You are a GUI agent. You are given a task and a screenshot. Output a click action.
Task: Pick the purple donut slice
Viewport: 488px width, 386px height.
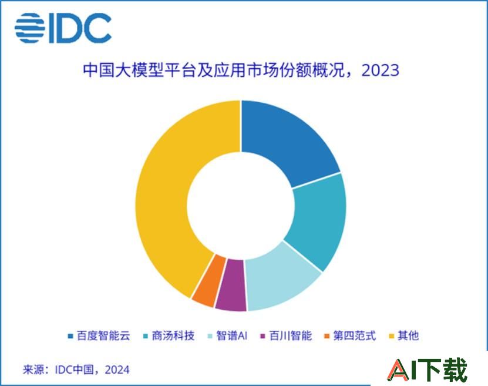[x=231, y=285]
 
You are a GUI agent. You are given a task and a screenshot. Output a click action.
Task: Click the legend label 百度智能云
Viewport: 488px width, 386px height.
[x=103, y=336]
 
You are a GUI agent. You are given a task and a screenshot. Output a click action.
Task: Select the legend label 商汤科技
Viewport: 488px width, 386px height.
[x=173, y=336]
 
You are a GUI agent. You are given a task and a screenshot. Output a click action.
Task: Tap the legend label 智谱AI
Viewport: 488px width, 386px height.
[x=232, y=336]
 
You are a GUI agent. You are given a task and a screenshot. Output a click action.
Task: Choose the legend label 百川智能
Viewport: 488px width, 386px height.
[x=290, y=336]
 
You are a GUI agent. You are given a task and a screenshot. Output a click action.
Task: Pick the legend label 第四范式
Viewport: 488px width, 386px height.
[x=355, y=336]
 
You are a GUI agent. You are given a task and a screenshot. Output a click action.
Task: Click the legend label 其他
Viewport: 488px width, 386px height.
[x=408, y=336]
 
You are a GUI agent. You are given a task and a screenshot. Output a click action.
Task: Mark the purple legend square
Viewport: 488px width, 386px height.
[x=262, y=336]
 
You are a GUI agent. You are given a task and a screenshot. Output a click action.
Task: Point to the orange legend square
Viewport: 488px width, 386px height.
[x=327, y=336]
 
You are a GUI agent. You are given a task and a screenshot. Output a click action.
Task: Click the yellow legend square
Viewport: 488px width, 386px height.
[x=392, y=336]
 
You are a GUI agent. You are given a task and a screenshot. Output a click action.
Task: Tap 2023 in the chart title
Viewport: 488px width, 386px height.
[x=381, y=71]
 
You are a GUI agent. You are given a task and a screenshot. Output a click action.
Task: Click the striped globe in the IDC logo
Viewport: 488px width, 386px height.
[x=30, y=28]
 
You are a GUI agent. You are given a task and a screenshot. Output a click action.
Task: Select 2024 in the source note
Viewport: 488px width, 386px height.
[x=117, y=370]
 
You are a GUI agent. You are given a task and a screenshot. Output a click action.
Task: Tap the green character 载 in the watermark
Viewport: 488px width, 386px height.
[x=455, y=370]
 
